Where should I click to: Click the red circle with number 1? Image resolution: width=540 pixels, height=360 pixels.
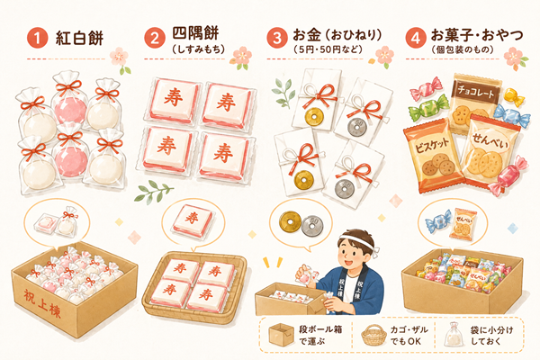click(x=37, y=38)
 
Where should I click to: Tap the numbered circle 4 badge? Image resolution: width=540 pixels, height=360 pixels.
click(x=416, y=38)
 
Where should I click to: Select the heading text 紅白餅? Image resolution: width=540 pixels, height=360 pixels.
click(x=79, y=38)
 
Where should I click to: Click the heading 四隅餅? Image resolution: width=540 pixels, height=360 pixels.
click(x=195, y=33)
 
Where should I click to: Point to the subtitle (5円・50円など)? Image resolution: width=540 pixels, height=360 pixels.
click(x=328, y=50)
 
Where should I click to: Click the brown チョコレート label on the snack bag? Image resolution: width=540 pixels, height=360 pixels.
click(x=475, y=91)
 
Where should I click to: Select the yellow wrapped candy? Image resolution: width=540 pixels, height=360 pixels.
click(x=513, y=96)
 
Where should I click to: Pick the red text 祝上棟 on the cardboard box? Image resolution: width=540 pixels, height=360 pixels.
click(x=42, y=303)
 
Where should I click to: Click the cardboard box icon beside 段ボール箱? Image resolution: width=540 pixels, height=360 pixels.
click(x=281, y=335)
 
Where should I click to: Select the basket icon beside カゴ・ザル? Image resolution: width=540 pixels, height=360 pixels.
click(x=373, y=335)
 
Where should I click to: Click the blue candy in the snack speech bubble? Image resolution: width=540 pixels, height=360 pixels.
click(x=437, y=220)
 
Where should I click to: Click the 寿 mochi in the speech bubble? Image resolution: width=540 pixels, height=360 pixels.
click(x=193, y=220)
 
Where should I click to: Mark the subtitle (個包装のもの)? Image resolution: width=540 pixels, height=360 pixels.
click(x=463, y=50)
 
